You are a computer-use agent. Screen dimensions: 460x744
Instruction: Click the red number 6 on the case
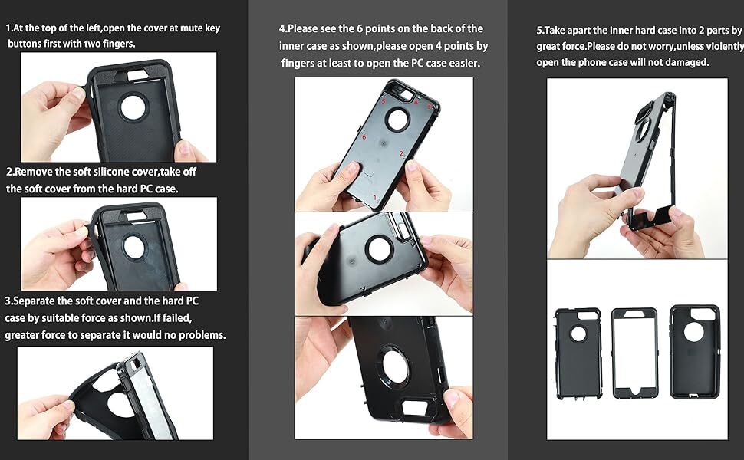pos(364,137)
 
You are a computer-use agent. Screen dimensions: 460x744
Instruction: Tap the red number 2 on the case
pos(401,153)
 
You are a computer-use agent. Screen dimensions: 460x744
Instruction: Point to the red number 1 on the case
pos(374,198)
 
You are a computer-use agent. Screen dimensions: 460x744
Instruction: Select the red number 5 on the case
pos(384,101)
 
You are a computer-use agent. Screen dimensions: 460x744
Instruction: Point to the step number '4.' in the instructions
pos(283,29)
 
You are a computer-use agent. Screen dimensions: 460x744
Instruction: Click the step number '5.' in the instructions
pos(540,31)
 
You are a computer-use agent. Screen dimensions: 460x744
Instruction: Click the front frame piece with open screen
pos(634,353)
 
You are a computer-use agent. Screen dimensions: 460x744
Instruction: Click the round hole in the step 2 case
pos(133,245)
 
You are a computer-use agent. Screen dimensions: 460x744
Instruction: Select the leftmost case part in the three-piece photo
pos(578,353)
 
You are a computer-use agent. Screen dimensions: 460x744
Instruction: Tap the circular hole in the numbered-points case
pos(397,118)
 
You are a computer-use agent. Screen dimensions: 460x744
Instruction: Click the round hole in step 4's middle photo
pos(380,248)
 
